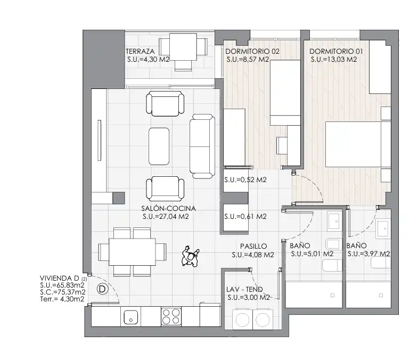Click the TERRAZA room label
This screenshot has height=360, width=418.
click(x=140, y=51)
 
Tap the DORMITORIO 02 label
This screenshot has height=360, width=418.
click(x=252, y=51)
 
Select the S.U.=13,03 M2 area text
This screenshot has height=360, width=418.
click(x=333, y=60)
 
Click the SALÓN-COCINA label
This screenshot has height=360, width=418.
click(x=168, y=208)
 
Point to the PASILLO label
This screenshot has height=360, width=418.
click(x=253, y=246)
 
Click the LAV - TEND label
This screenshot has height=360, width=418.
click(x=244, y=289)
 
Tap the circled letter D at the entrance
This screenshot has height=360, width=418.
click(x=102, y=289)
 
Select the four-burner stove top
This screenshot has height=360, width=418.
click(x=171, y=316)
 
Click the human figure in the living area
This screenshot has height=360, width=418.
click(x=190, y=257)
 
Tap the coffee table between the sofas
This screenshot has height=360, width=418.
click(x=159, y=146)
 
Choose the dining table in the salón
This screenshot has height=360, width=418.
click(x=132, y=252)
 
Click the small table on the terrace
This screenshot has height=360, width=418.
click(x=183, y=47)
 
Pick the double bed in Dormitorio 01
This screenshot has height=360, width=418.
click(x=358, y=144)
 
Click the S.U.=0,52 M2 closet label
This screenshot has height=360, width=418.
click(x=245, y=180)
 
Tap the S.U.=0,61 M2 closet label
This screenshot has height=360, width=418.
click(x=245, y=217)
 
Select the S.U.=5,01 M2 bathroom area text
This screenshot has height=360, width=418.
click(x=312, y=254)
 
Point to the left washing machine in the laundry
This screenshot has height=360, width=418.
click(x=242, y=319)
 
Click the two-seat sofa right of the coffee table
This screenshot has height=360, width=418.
click(x=202, y=146)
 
